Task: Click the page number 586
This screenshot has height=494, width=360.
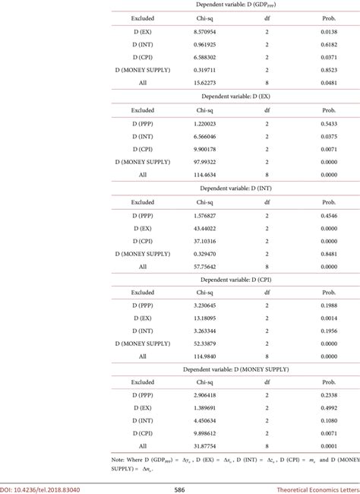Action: (181, 489)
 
